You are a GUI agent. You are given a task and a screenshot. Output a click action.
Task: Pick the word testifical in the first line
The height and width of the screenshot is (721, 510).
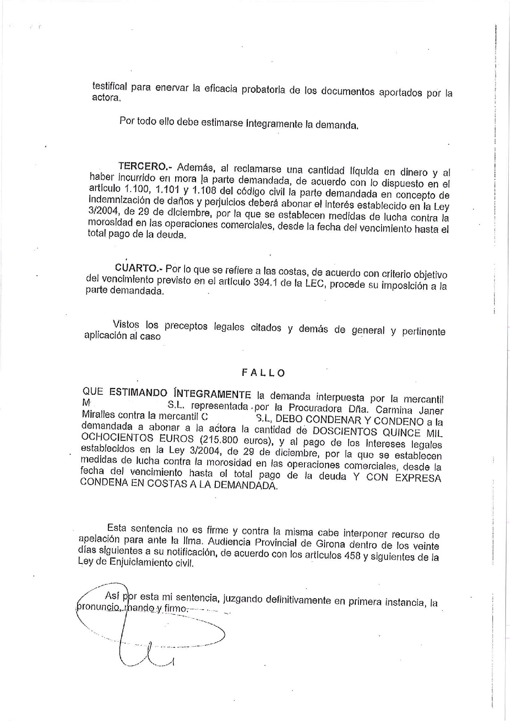coord(110,86)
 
